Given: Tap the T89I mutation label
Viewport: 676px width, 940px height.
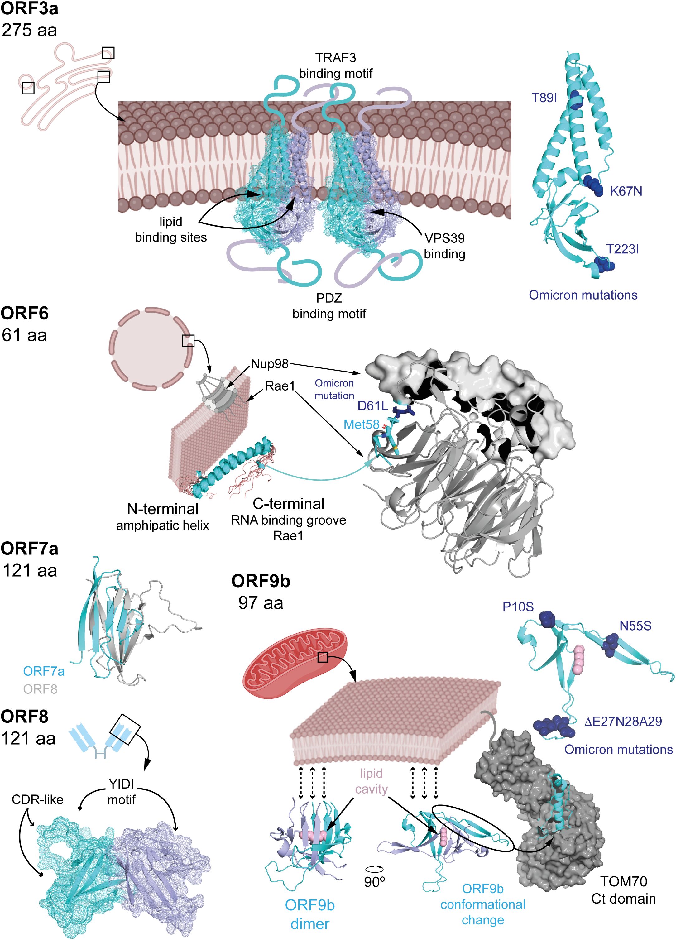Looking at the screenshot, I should (x=544, y=98).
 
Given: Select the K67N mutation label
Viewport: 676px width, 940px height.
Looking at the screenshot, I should (x=626, y=191).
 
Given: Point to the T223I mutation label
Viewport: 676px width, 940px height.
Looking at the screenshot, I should (x=622, y=249).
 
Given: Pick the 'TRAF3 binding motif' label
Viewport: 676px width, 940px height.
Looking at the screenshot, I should (x=336, y=65).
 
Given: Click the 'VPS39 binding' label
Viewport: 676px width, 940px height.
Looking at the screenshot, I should (x=444, y=246).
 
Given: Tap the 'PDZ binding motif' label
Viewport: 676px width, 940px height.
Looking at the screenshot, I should (x=329, y=306).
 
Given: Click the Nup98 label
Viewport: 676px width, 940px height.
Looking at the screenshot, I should (x=270, y=364).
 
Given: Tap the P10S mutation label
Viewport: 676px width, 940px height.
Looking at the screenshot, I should (x=518, y=607).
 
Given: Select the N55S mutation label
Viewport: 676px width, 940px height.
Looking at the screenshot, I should (x=635, y=626).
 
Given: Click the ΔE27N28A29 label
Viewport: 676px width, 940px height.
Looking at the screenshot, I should (x=623, y=722).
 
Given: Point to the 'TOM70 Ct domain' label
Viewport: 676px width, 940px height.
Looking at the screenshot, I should (x=623, y=890).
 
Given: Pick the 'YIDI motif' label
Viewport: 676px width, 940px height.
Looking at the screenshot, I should (x=122, y=791).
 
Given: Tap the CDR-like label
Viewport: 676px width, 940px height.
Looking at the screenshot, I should (x=37, y=799).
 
